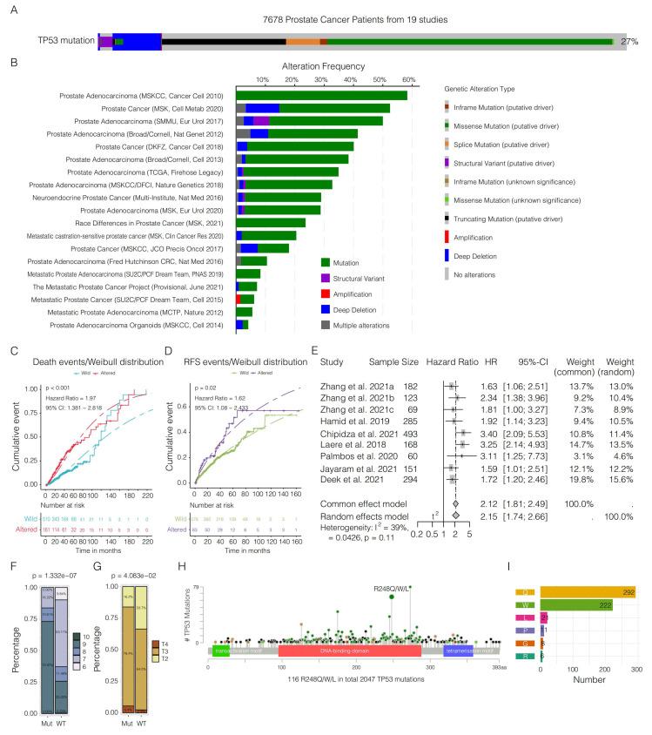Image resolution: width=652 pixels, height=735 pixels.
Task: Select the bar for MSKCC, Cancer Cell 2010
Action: point(322,95)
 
